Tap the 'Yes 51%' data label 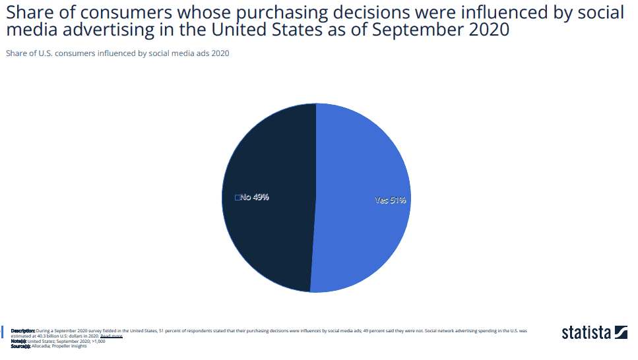(390, 200)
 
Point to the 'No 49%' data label (255, 197)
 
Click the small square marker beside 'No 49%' (238, 197)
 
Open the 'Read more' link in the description (111, 336)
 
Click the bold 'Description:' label (23, 330)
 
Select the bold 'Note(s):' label (19, 341)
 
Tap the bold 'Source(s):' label (21, 346)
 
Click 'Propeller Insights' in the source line (69, 346)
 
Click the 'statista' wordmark (586, 332)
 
